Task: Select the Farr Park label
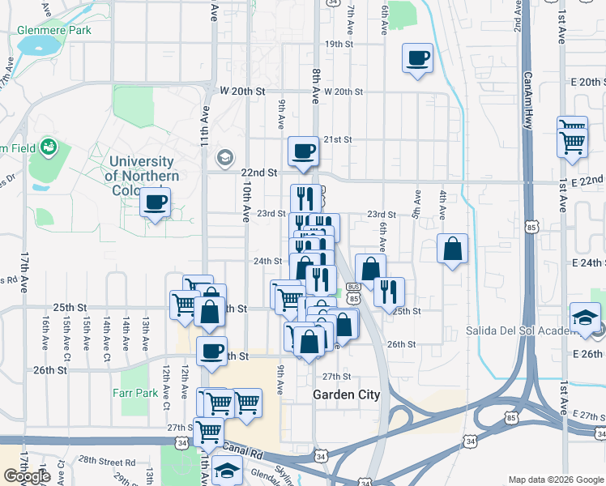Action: tap(135, 393)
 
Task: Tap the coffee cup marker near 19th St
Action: tap(418, 58)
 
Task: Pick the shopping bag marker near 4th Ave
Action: tap(453, 249)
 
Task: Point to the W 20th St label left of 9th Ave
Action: tap(243, 92)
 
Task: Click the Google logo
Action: tap(27, 476)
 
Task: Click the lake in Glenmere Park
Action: tap(36, 45)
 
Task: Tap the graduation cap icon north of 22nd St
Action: tap(224, 157)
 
